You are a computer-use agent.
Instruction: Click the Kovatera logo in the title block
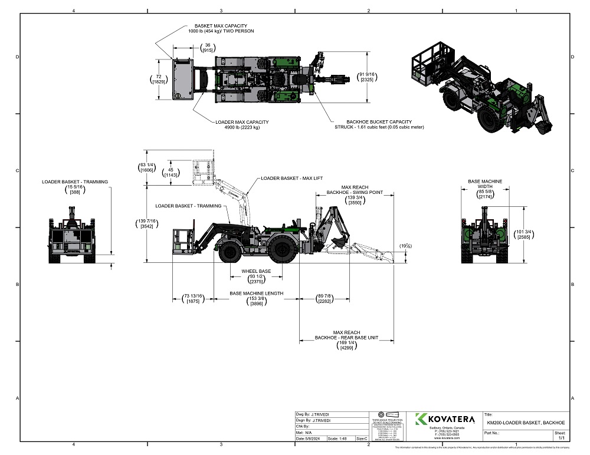click(x=445, y=419)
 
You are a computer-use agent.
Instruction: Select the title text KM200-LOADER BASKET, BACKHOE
click(x=526, y=423)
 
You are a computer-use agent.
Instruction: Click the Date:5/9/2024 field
click(x=309, y=438)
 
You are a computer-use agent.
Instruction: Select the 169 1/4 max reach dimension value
click(x=346, y=345)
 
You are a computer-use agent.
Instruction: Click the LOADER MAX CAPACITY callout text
click(x=242, y=123)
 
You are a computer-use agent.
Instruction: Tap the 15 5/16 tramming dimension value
click(x=75, y=187)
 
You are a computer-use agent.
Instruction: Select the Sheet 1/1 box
click(x=560, y=435)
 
